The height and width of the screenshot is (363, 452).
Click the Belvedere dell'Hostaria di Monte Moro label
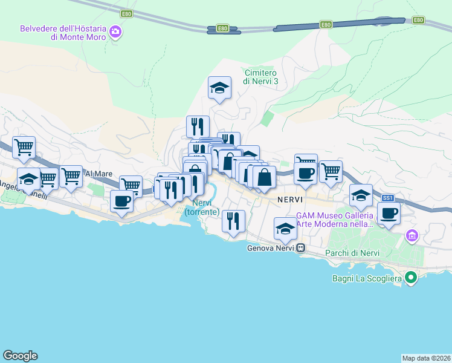pyautogui.click(x=63, y=32)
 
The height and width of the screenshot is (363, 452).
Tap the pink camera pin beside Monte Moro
pyautogui.click(x=115, y=33)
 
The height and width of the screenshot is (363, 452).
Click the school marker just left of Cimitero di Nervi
pyautogui.click(x=219, y=88)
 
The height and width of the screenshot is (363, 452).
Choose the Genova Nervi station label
pyautogui.click(x=271, y=248)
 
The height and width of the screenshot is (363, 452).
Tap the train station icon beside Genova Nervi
pyautogui.click(x=300, y=248)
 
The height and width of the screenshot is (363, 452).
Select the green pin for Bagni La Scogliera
pyautogui.click(x=411, y=278)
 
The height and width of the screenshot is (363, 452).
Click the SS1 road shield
pyautogui.click(x=388, y=198)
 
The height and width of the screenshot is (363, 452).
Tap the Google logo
pyautogui.click(x=20, y=356)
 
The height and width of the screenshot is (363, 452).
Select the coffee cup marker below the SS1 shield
pyautogui.click(x=389, y=213)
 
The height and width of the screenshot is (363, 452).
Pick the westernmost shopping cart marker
pyautogui.click(x=24, y=147)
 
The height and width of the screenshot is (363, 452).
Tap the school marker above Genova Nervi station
pyautogui.click(x=286, y=228)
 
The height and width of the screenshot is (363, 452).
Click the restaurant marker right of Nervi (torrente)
pyautogui.click(x=233, y=221)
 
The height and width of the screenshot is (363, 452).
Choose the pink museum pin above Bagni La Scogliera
pyautogui.click(x=412, y=235)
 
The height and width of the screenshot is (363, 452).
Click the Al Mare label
pyautogui.click(x=98, y=174)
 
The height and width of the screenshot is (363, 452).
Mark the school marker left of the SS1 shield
pyautogui.click(x=361, y=195)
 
